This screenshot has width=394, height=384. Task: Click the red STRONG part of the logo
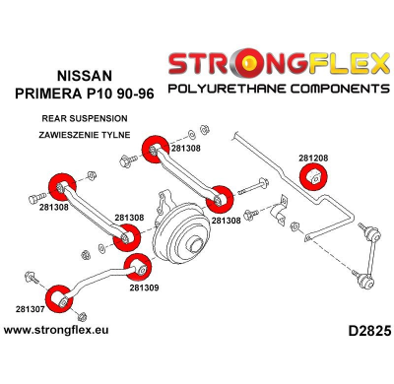click(219, 65)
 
